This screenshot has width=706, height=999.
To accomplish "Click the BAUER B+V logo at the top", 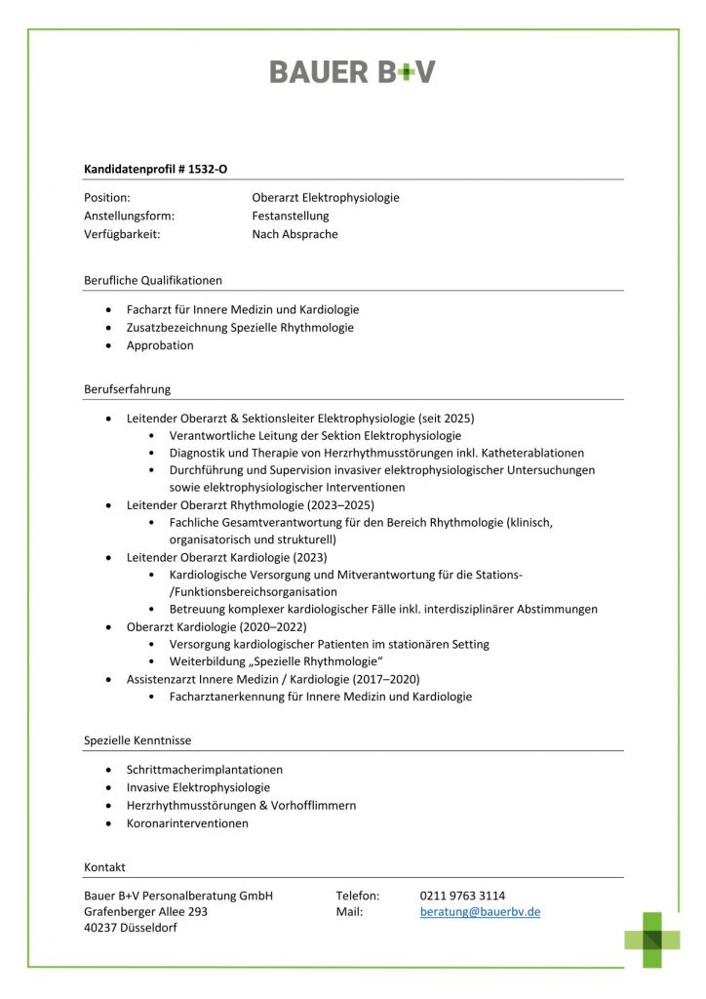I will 352,71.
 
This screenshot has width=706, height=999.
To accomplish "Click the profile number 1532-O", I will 209,169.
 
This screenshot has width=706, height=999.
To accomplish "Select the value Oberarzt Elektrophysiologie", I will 325,198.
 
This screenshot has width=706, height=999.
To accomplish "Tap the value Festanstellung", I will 291,216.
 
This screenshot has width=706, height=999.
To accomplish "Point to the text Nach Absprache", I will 294,234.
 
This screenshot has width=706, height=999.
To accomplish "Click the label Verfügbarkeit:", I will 122,234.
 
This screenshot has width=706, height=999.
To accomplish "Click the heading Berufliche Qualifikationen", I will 153,280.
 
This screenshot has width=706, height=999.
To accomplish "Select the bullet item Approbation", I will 160,345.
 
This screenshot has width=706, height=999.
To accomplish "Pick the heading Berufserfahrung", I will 127,389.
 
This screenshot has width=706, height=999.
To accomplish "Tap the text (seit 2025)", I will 445,418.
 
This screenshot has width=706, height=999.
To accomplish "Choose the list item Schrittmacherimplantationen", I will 205,770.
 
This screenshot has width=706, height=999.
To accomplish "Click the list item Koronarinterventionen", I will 187,823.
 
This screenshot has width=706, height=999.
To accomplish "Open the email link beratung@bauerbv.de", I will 480,912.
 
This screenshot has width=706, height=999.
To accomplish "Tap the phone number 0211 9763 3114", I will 462,896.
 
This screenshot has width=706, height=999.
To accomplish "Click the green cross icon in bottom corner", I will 652,939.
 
